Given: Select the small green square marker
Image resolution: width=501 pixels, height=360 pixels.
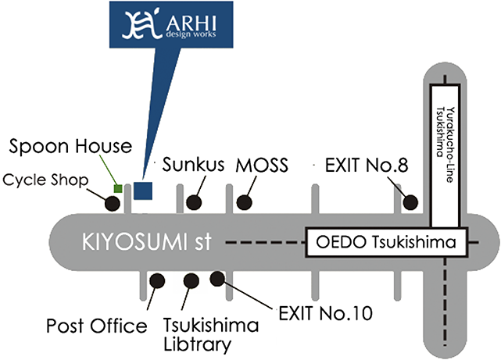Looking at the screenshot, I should tap(117, 188).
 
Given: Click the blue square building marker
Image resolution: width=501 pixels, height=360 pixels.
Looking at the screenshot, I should tap(142, 190).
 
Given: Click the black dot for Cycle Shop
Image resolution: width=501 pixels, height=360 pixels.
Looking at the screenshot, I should tap(113, 204).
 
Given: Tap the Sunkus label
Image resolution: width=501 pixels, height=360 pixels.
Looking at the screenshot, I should tap(193, 166).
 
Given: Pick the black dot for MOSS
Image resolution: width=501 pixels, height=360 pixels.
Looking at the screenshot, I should tap(245, 202).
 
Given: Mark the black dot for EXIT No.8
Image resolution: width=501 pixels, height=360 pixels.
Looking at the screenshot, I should tap(410, 203).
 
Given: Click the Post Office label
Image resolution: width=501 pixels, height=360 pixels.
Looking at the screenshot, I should tap(97, 325).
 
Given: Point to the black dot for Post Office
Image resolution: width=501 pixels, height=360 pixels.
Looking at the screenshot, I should tap(156, 279).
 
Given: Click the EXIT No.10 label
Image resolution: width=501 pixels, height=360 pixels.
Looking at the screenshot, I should tap(324, 315).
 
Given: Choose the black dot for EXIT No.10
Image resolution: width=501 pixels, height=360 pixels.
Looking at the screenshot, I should tap(217, 278).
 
